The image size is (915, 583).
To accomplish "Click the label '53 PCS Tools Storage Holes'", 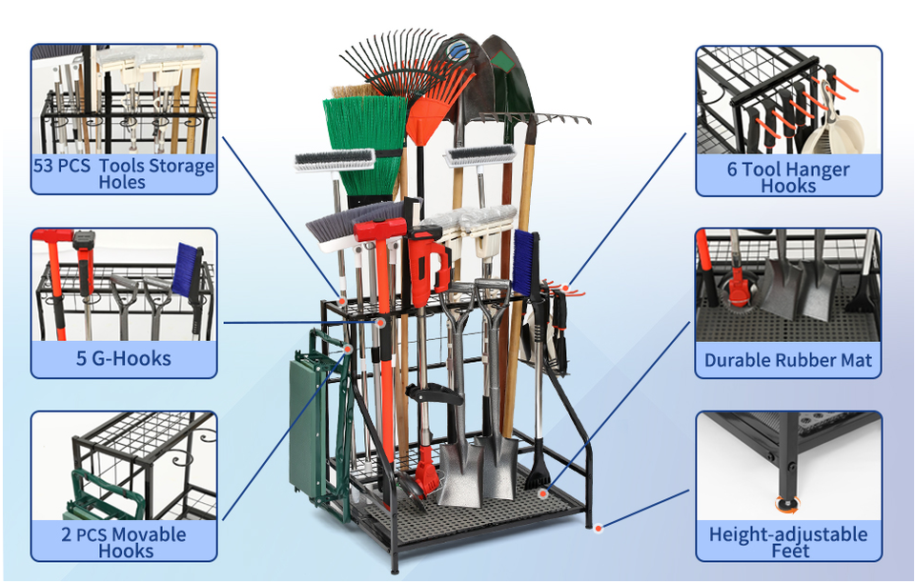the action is click(124, 173).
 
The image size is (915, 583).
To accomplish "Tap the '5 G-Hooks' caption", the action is click(124, 359).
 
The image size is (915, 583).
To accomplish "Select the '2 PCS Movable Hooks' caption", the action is click(124, 542).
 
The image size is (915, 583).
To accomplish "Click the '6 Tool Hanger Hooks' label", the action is click(788, 177).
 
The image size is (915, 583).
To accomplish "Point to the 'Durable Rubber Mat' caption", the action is click(788, 360).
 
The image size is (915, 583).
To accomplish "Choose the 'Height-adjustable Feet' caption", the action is click(788, 541).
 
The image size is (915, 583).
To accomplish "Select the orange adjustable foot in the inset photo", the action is click(788, 504).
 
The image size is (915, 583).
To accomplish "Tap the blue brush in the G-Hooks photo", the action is click(188, 268).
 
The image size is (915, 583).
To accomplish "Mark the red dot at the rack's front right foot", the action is click(598, 527).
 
